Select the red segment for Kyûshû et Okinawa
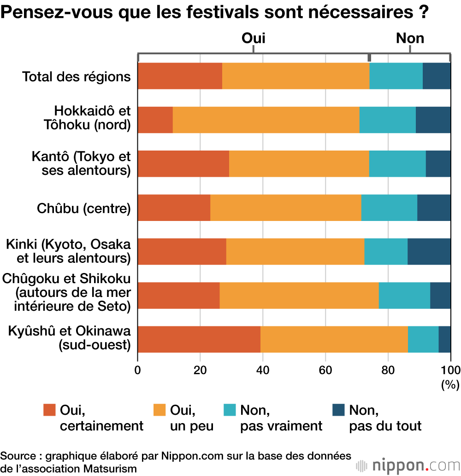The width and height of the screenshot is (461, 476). pyautogui.click(x=199, y=339)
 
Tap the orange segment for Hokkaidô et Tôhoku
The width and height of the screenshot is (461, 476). pyautogui.click(x=266, y=120)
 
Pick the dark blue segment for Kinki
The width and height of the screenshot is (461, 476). pyautogui.click(x=429, y=251)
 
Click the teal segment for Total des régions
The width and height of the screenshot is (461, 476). pyautogui.click(x=396, y=76)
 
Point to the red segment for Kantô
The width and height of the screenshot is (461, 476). pyautogui.click(x=183, y=163)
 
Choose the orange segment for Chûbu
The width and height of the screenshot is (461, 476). pyautogui.click(x=286, y=208)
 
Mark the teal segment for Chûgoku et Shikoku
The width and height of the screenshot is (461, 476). pyautogui.click(x=404, y=295)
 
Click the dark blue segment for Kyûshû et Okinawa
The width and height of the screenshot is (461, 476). pyautogui.click(x=444, y=339)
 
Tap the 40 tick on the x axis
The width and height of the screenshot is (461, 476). pyautogui.click(x=263, y=370)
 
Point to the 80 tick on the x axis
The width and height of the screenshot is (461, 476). pyautogui.click(x=388, y=370)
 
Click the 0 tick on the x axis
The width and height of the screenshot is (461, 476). pyautogui.click(x=138, y=370)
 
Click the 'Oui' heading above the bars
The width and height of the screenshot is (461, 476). pyautogui.click(x=254, y=38)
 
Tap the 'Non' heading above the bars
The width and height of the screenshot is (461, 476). pyautogui.click(x=410, y=38)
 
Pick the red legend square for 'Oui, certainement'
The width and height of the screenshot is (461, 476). pyautogui.click(x=49, y=410)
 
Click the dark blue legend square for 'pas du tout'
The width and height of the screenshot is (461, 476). pyautogui.click(x=338, y=410)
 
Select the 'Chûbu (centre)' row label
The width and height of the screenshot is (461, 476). pyautogui.click(x=84, y=208)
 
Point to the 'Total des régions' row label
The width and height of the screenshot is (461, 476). pyautogui.click(x=77, y=76)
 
